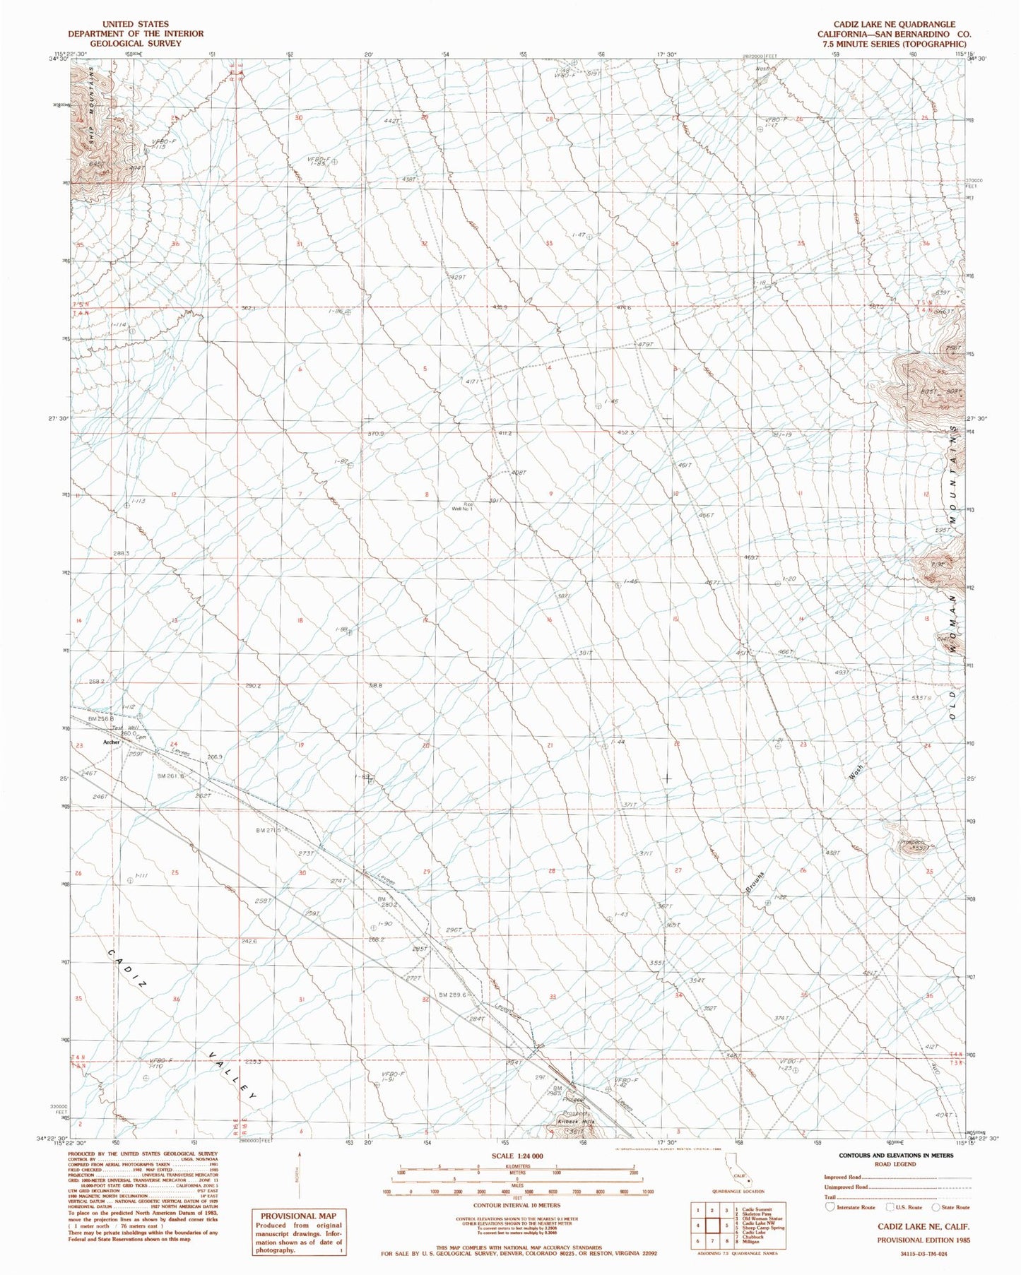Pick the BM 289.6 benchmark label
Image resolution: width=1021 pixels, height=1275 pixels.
[452, 995]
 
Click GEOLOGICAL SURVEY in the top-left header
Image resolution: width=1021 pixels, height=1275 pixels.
[136, 43]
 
